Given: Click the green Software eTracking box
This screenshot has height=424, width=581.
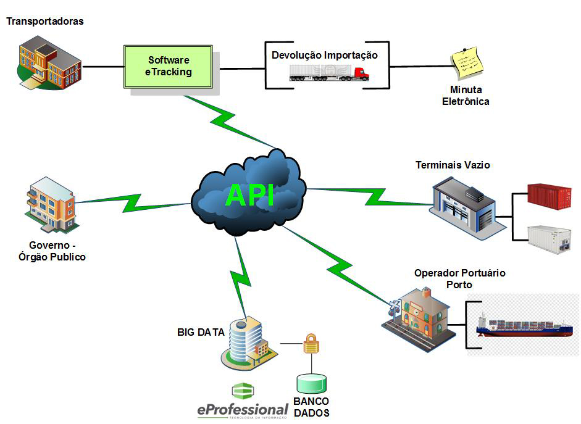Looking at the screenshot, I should [x=169, y=66].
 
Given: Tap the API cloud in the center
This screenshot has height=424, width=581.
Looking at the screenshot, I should [x=249, y=193].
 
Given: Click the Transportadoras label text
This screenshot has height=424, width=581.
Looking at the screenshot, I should [x=44, y=22].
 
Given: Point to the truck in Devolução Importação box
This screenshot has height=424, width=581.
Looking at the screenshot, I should [x=329, y=73].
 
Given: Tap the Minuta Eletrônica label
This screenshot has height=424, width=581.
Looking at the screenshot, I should [x=466, y=96].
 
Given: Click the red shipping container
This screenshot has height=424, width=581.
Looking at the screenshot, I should [x=549, y=197].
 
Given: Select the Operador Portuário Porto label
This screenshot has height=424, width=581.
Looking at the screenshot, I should [x=459, y=278].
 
